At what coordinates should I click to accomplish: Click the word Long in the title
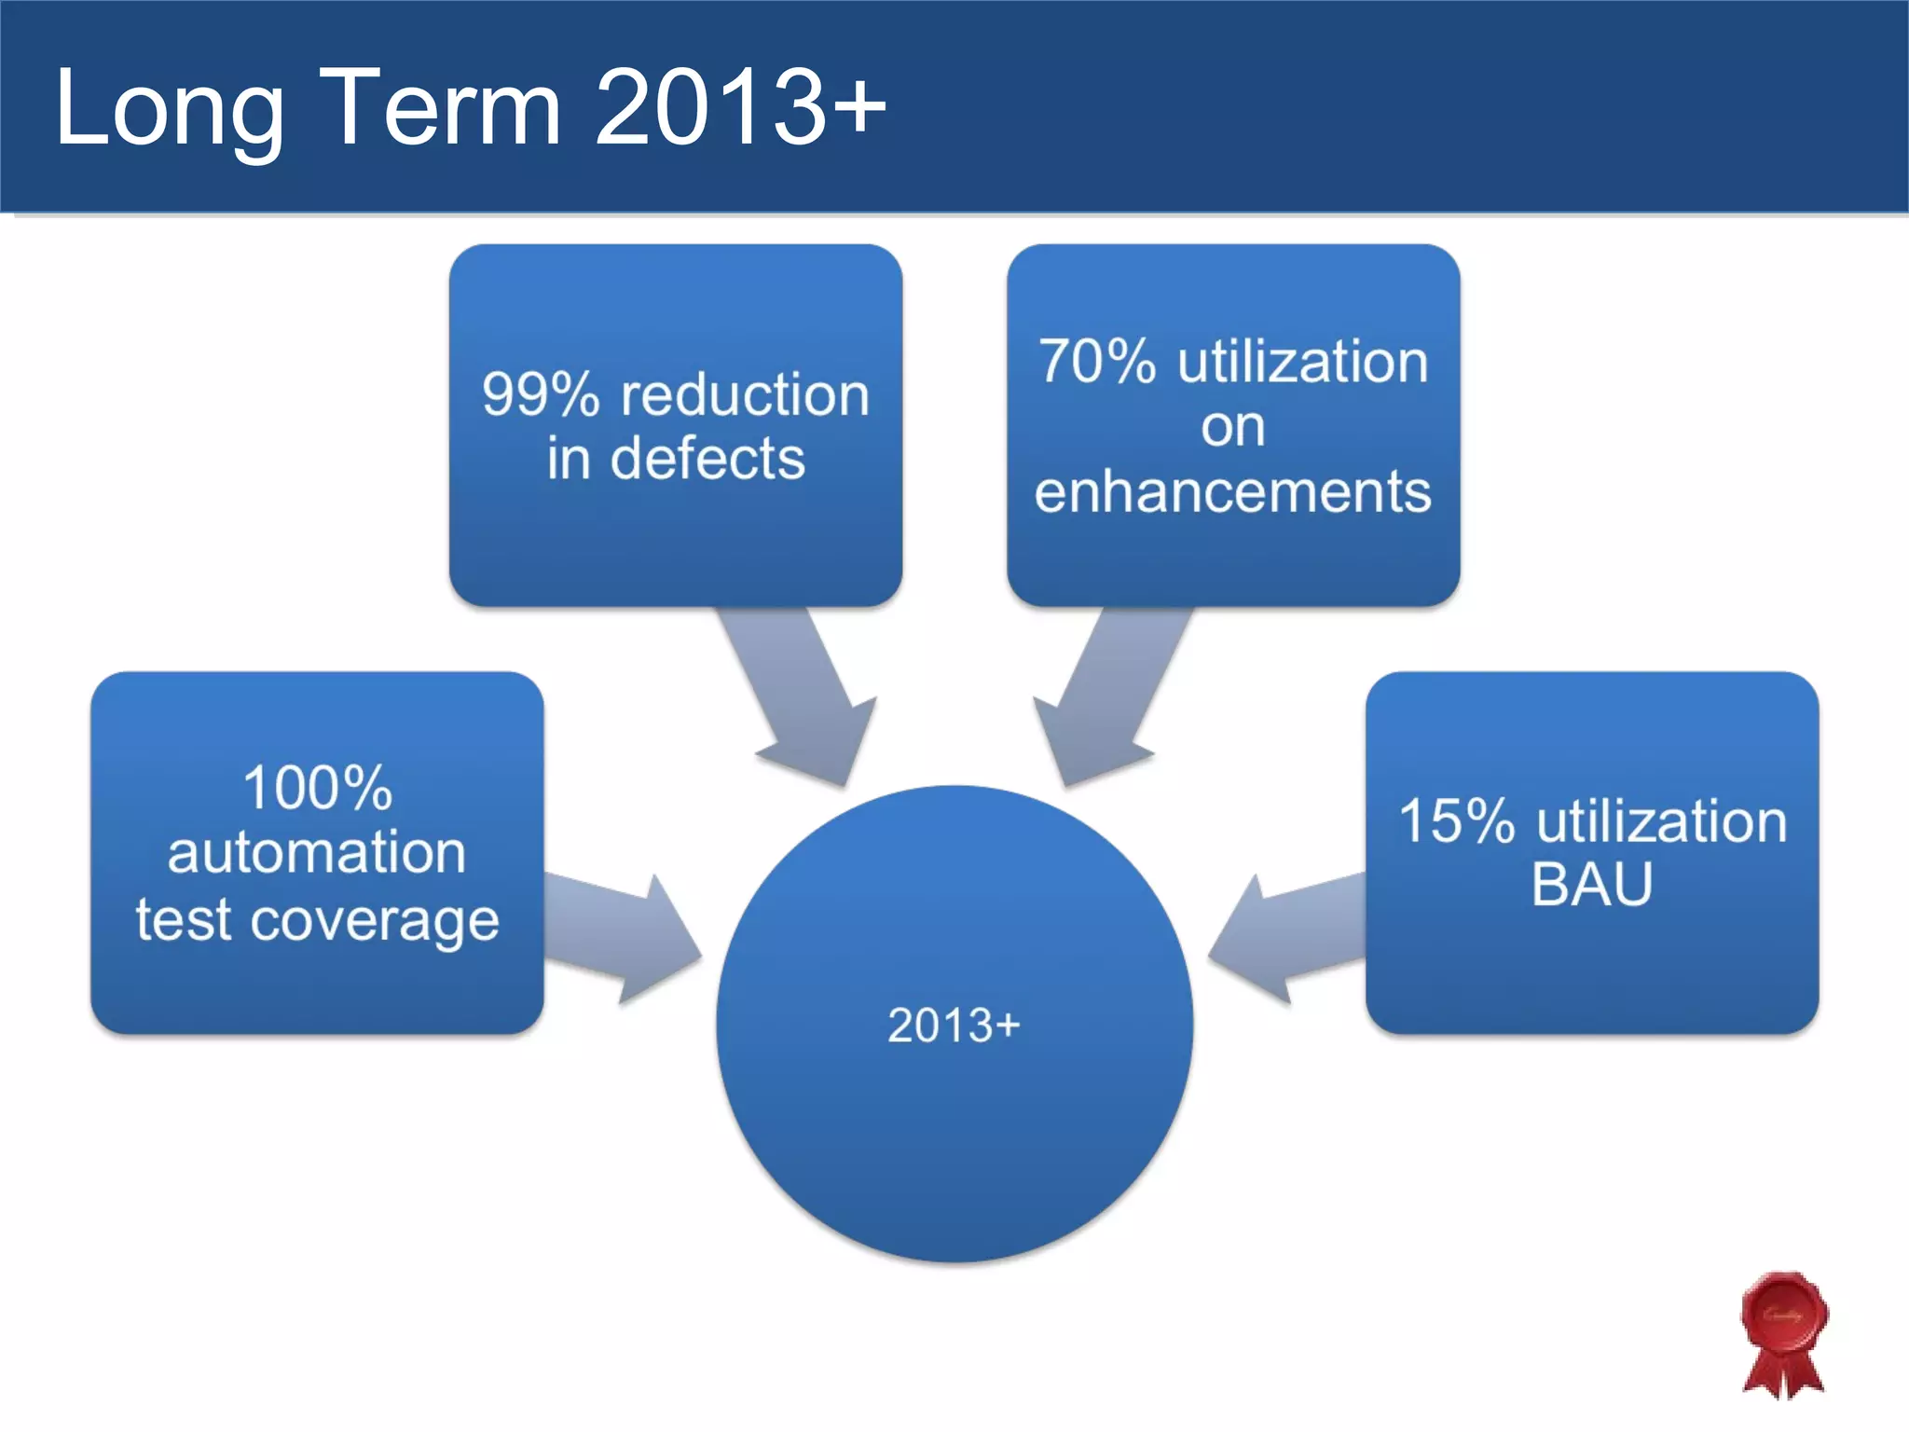168,110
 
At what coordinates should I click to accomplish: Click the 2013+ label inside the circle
954,1026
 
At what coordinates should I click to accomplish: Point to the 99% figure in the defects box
540,394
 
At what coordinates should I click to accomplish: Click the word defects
707,459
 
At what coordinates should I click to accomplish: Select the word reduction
745,394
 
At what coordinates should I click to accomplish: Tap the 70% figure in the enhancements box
1097,362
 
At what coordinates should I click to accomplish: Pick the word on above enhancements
1232,427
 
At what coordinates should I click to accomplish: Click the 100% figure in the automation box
317,788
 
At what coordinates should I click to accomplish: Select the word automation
317,852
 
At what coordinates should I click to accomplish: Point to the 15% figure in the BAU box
1456,821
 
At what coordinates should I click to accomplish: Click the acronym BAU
1591,884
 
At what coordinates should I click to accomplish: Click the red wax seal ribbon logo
1784,1333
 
